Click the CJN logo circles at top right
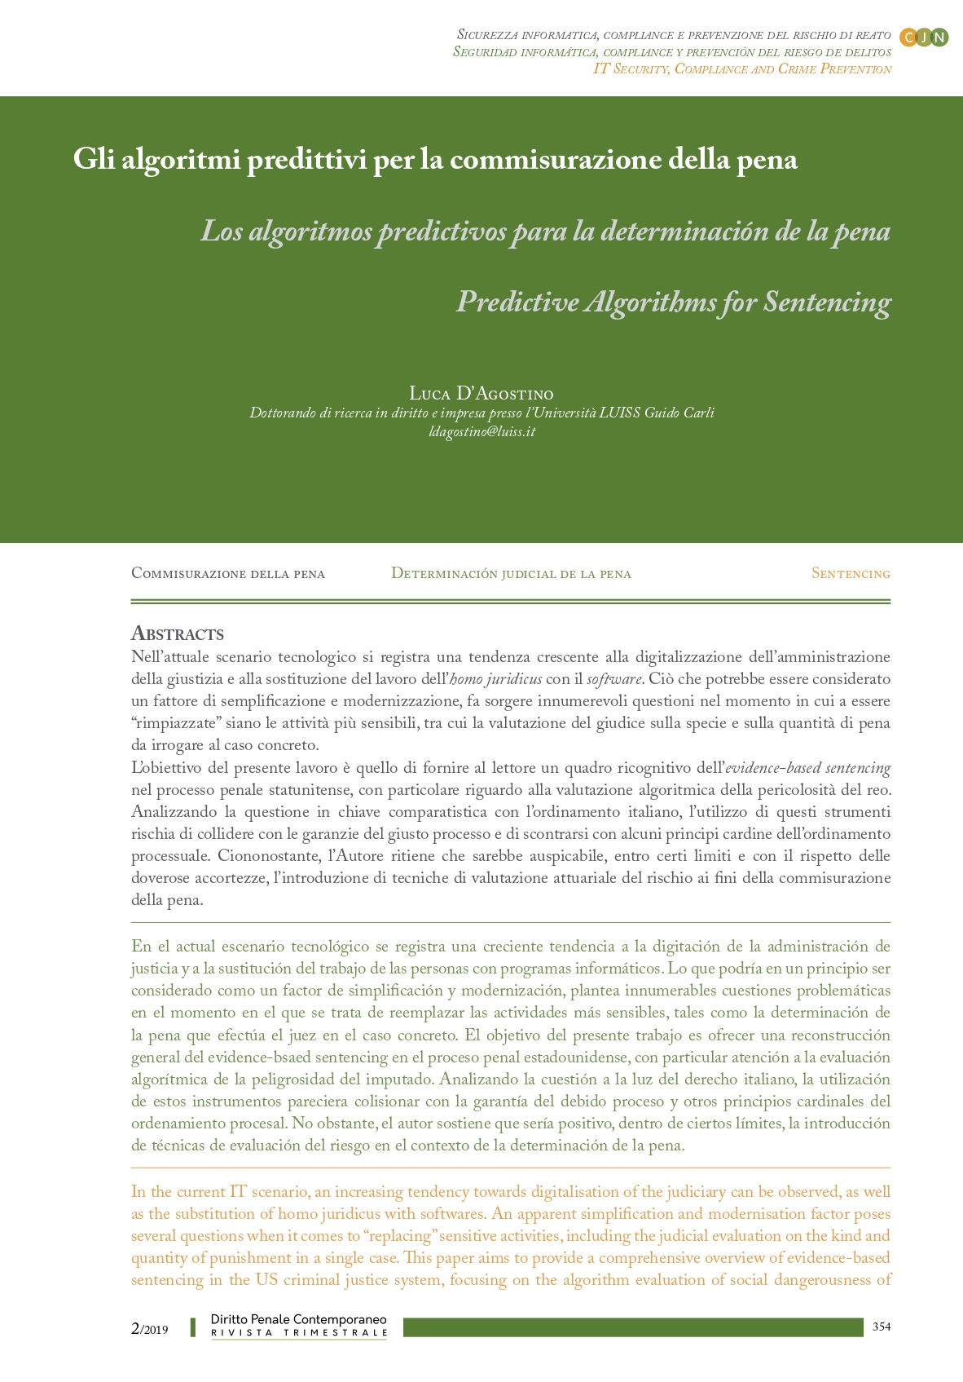click(x=923, y=38)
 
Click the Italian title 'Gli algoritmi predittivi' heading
click(x=434, y=159)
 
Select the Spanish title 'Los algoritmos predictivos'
click(x=545, y=232)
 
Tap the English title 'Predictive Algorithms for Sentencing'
click(x=673, y=302)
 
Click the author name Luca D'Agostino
click(x=481, y=395)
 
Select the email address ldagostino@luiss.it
click(x=482, y=431)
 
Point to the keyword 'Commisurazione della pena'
click(x=228, y=573)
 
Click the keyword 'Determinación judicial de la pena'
click(x=511, y=573)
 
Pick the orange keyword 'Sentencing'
click(x=850, y=573)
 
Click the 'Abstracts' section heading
click(x=177, y=634)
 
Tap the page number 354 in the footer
click(x=881, y=1327)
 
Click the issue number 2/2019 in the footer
click(x=149, y=1328)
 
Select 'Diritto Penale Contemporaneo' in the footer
click(x=298, y=1318)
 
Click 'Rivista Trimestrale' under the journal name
click(x=298, y=1333)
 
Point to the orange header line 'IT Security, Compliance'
click(x=741, y=69)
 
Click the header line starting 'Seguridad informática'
click(x=671, y=52)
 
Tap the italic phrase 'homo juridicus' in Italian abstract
click(x=495, y=679)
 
